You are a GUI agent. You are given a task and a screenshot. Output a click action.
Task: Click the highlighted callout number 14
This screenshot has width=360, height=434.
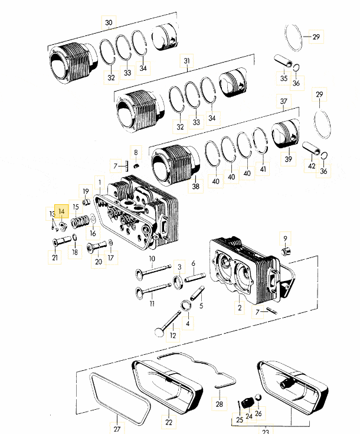click(61, 211)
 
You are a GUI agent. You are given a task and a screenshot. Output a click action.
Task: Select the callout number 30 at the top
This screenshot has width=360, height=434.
click(109, 22)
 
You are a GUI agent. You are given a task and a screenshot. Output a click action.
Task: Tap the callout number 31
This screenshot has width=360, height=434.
click(186, 61)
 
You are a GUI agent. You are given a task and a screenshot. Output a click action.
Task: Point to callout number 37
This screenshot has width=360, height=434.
click(284, 101)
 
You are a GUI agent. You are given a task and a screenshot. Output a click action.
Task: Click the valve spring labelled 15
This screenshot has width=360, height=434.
click(80, 221)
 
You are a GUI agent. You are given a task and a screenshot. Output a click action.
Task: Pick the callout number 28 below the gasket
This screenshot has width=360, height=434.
click(219, 404)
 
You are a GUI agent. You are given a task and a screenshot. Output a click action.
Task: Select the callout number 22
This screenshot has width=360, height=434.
click(169, 422)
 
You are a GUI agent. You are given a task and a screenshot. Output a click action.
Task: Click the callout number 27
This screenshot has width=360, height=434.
click(117, 429)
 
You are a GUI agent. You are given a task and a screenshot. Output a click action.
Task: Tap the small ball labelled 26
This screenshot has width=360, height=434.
click(258, 398)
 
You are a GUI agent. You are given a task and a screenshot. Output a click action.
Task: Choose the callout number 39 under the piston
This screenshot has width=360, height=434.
click(289, 159)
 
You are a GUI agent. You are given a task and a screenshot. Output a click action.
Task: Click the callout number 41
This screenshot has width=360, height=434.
click(263, 168)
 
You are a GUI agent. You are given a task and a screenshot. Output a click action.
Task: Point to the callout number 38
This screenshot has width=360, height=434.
click(195, 186)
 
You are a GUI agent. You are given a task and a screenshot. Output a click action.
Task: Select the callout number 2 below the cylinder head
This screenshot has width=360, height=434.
click(240, 307)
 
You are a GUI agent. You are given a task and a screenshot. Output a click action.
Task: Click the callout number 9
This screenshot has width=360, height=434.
click(285, 239)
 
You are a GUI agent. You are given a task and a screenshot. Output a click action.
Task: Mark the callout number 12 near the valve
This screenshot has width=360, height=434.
click(173, 335)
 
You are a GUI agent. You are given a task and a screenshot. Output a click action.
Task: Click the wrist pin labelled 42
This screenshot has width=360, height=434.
click(311, 148)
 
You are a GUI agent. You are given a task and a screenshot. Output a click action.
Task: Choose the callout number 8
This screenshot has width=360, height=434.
click(136, 152)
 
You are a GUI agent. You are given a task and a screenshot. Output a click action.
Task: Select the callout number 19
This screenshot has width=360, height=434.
click(86, 191)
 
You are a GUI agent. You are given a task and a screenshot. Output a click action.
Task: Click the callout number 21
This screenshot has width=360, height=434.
click(55, 257)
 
